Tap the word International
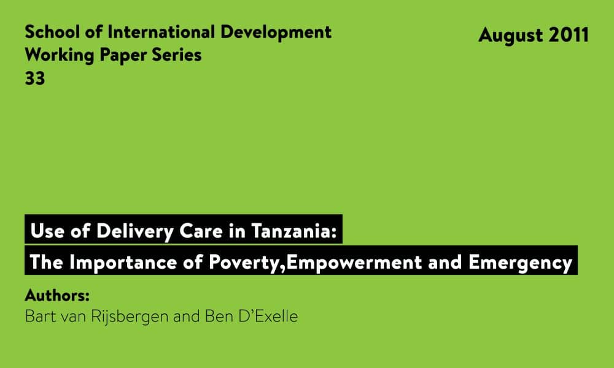point(161,32)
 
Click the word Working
point(60,56)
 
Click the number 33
point(35,79)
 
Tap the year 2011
point(569,35)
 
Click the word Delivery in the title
point(135,231)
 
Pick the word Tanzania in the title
point(293,231)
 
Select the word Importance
point(123,263)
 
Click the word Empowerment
point(354,263)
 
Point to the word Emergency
point(521,263)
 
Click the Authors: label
point(57,295)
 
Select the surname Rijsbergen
point(129,316)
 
